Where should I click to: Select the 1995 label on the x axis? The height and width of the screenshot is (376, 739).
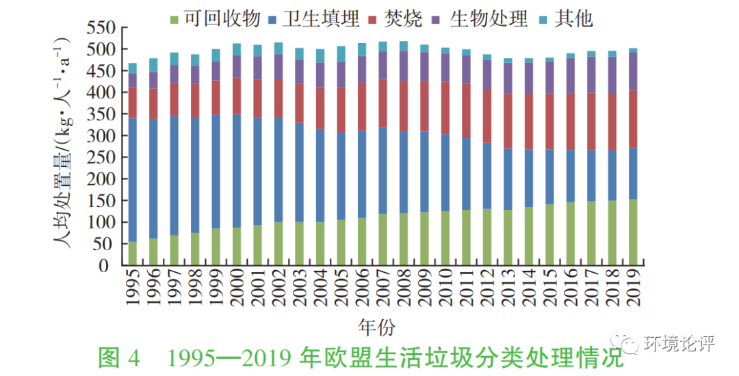tap(133, 291)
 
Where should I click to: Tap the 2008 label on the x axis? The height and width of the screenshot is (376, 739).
tap(404, 291)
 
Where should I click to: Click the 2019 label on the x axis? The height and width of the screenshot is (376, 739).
tap(633, 291)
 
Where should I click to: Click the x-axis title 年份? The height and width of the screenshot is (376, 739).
tap(376, 325)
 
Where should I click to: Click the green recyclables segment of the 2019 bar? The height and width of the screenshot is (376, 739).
tap(633, 232)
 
